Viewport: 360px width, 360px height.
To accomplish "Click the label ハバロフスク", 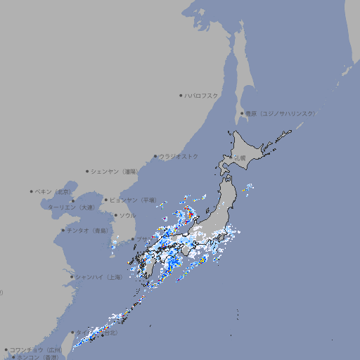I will tap(201, 95).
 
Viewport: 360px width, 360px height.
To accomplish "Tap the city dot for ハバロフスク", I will tap(181, 95).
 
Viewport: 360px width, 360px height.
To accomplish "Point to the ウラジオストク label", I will tap(179, 156).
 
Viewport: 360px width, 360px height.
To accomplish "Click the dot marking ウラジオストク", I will tap(155, 156).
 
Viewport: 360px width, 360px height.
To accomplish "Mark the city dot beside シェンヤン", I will tap(88, 171).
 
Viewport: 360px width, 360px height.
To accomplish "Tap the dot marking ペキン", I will tap(32, 191).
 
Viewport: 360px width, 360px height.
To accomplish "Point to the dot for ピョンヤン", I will tap(106, 200).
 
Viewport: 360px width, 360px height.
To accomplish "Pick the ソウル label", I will tap(127, 215).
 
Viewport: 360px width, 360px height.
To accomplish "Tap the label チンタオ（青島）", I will tap(88, 230).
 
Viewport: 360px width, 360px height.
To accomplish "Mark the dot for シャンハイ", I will tap(72, 277).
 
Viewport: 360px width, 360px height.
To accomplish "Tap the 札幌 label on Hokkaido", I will tap(240, 159).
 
